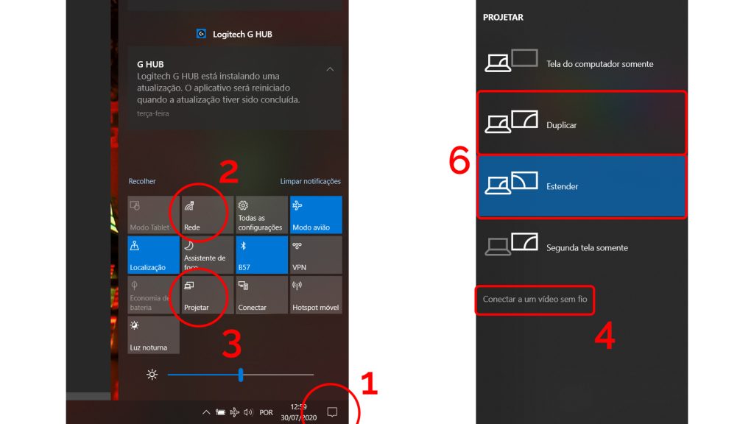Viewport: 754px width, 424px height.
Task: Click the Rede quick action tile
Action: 207,215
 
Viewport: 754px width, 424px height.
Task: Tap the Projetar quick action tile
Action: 207,294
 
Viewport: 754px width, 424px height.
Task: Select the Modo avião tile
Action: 316,215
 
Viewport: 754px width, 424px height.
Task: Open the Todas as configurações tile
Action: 261,215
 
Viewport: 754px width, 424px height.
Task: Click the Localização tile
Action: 153,255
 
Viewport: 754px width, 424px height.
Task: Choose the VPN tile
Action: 316,255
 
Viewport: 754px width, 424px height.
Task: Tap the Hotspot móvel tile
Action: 316,294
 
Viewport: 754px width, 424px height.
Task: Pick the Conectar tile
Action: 261,294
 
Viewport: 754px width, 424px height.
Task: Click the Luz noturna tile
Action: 153,335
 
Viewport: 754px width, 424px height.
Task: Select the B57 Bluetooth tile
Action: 261,255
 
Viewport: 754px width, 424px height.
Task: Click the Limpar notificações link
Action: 310,181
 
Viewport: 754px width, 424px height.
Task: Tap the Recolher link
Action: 142,181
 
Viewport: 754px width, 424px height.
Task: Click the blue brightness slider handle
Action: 241,375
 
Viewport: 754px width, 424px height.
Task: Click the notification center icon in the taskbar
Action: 332,412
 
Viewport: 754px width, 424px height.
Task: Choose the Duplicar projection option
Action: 582,123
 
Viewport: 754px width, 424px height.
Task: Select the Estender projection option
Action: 582,186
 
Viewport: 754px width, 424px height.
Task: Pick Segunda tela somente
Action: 582,246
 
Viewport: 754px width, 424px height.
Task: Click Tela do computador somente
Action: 582,63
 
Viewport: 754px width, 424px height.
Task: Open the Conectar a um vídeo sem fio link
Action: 535,299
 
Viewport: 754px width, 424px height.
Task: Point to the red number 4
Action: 605,336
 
